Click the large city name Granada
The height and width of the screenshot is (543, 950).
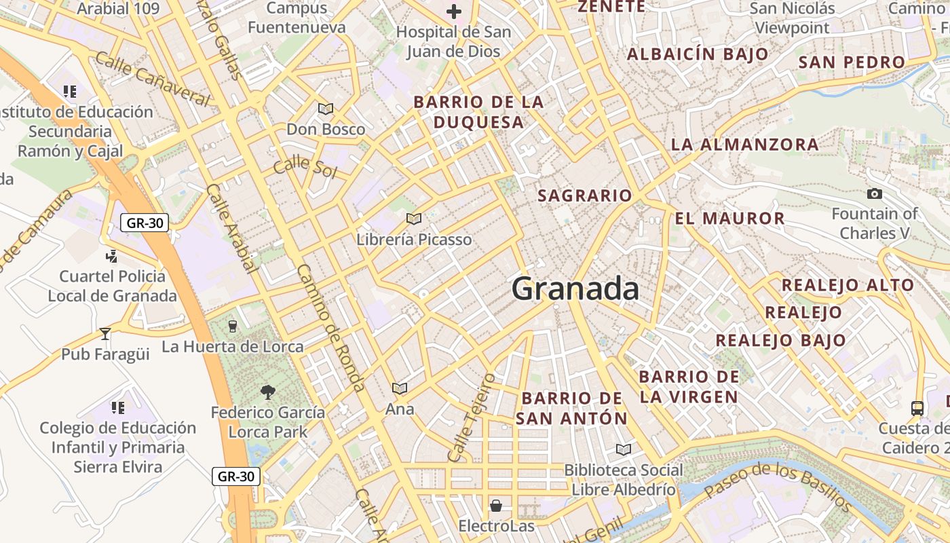(x=575, y=289)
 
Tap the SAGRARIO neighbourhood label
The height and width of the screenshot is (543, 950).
(x=585, y=196)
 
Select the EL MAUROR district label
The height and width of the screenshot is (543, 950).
(x=729, y=219)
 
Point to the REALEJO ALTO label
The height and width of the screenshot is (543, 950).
(x=848, y=285)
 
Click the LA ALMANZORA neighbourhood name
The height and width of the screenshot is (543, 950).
(x=744, y=145)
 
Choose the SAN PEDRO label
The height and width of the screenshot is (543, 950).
(x=852, y=62)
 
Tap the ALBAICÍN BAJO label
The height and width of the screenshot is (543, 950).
(x=698, y=54)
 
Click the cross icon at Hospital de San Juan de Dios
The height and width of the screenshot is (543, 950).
(x=454, y=12)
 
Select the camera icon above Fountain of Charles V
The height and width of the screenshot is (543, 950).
(x=875, y=194)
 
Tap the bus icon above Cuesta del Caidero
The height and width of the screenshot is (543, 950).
(x=917, y=408)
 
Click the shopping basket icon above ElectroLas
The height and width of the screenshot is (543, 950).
(x=496, y=506)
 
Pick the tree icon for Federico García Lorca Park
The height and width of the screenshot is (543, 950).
(x=267, y=392)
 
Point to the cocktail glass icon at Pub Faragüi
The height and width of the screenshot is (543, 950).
(x=105, y=333)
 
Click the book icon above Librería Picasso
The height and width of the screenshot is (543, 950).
(x=413, y=219)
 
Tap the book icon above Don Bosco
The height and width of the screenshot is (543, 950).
(x=326, y=109)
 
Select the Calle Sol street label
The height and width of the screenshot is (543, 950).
(x=305, y=166)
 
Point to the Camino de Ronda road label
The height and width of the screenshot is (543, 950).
(x=330, y=328)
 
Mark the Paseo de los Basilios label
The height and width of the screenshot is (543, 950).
(x=777, y=486)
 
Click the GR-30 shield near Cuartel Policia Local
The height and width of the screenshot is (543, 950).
(x=145, y=223)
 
